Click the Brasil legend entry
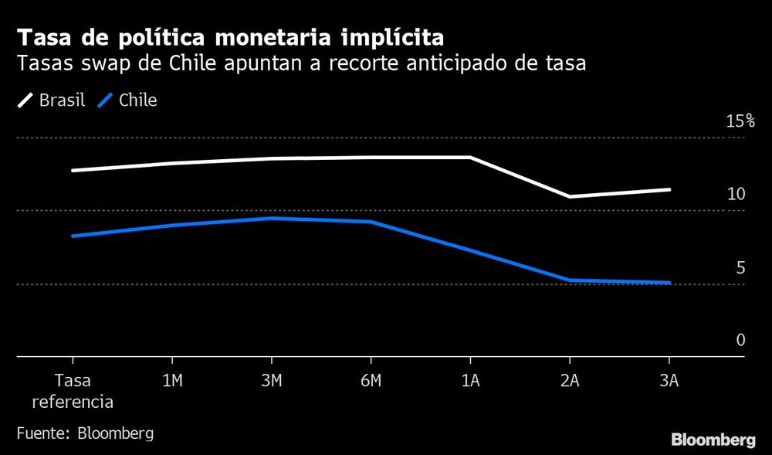52,100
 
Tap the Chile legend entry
128,100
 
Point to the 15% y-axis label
740,121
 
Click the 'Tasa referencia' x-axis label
73,390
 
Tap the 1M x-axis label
171,381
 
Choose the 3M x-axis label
271,381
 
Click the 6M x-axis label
371,381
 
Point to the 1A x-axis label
470,381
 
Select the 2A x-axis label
569,381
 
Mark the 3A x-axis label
669,381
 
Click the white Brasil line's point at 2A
569,196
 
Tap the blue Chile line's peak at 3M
271,218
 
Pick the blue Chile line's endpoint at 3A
669,283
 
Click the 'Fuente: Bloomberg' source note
85,433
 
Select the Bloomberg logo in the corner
713,440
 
